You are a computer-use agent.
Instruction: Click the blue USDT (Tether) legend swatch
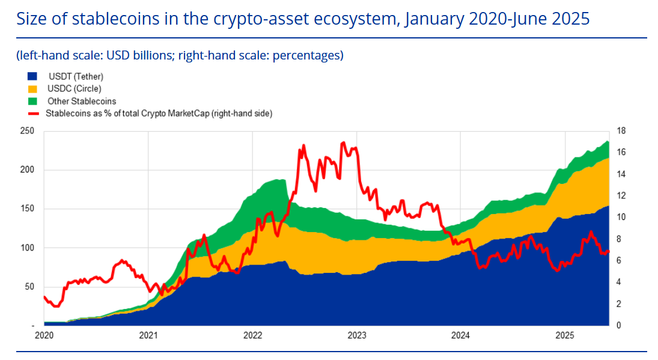32,77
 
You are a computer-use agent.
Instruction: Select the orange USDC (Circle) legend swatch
32,89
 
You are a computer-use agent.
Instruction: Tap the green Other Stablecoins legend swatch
32,101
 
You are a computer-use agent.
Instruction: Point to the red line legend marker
32,113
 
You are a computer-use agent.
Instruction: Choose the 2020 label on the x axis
44,335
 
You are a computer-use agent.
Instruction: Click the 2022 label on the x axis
253,335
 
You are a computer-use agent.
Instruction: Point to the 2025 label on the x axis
565,335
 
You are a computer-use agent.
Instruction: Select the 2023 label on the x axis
357,335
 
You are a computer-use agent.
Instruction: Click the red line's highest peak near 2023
343,142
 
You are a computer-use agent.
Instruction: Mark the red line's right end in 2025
609,251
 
